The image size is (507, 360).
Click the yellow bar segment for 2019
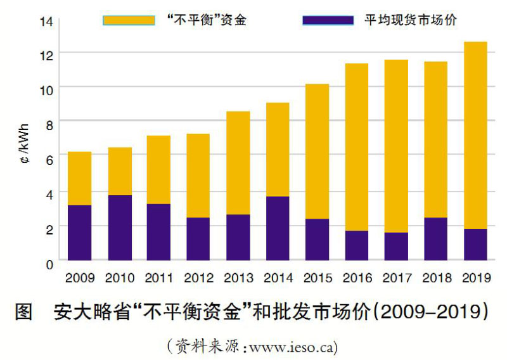pyautogui.click(x=475, y=134)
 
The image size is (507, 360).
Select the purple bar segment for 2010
pyautogui.click(x=120, y=228)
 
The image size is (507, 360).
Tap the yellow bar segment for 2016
pyautogui.click(x=356, y=146)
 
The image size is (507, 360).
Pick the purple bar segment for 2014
pyautogui.click(x=277, y=228)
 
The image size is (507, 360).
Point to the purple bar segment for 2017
pyautogui.click(x=396, y=246)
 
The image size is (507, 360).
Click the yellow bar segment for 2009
pyautogui.click(x=79, y=178)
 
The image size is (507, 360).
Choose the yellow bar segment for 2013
pyautogui.click(x=238, y=162)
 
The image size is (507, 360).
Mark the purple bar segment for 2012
pyautogui.click(x=198, y=238)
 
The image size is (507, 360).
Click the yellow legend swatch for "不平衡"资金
pyautogui.click(x=129, y=20)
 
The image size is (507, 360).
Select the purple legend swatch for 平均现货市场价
pyautogui.click(x=328, y=20)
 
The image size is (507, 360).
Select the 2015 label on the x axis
pyautogui.click(x=317, y=278)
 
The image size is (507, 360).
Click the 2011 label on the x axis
pyautogui.click(x=159, y=278)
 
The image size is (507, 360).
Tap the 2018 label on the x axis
pyautogui.click(x=435, y=278)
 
